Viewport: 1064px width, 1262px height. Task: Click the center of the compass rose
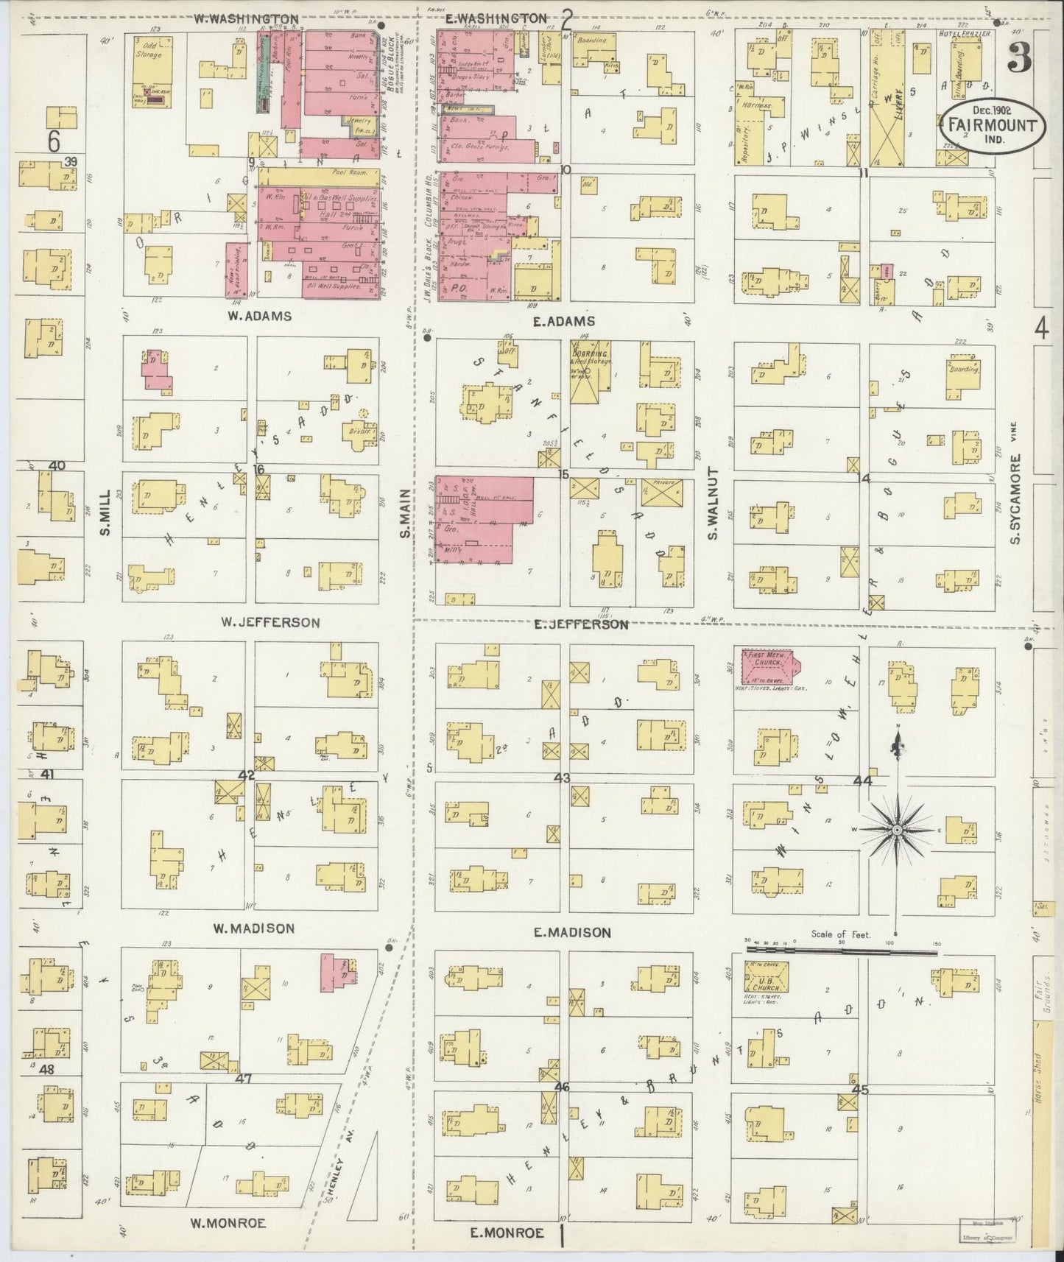(x=897, y=830)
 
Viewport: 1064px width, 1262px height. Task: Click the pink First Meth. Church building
(x=769, y=666)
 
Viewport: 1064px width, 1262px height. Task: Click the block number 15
(x=563, y=474)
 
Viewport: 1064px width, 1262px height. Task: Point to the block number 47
(x=244, y=1079)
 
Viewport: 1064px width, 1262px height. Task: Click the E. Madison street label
(x=571, y=932)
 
